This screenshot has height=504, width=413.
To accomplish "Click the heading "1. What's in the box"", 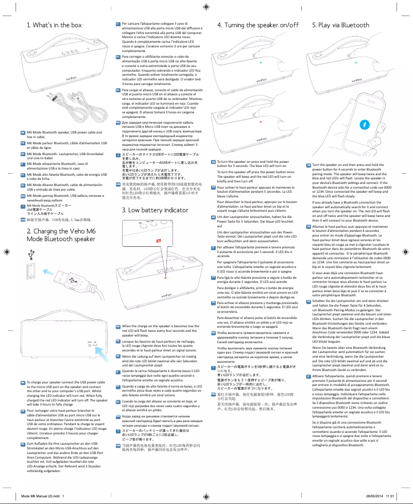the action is [54, 25].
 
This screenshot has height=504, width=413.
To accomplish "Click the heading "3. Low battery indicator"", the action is [154, 210].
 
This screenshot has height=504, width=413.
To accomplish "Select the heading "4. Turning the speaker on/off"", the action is [258, 25].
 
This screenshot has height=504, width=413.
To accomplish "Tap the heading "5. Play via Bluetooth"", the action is [340, 25].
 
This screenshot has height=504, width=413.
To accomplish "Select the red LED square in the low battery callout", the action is [158, 242].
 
